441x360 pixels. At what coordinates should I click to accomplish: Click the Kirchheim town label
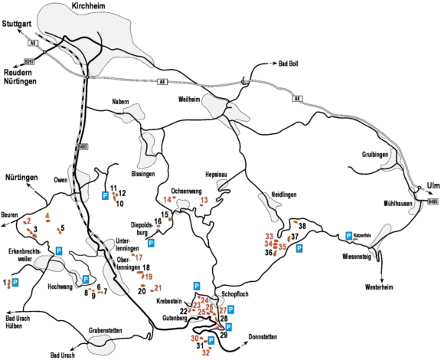click(x=89, y=6)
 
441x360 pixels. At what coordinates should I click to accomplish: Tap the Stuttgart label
click(x=17, y=25)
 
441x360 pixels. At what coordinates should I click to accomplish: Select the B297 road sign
click(x=29, y=61)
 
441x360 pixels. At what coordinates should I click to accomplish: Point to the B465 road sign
click(x=83, y=146)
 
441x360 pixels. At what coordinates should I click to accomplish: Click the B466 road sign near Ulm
click(x=433, y=201)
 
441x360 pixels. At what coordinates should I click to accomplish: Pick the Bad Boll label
click(x=289, y=64)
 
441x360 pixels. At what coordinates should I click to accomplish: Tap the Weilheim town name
click(x=189, y=100)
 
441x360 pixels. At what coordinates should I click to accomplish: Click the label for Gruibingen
click(x=375, y=155)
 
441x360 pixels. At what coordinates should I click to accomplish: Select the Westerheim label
click(x=379, y=287)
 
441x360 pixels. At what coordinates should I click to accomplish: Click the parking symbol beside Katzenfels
click(x=349, y=236)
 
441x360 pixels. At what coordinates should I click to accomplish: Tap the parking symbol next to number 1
click(x=15, y=283)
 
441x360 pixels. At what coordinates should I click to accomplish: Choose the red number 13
click(x=204, y=200)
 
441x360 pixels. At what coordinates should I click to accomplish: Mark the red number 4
click(x=47, y=216)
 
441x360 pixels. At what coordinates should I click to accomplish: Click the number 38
click(x=302, y=226)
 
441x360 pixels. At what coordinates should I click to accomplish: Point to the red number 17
click(x=139, y=257)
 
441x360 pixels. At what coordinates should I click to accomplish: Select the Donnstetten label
click(x=263, y=337)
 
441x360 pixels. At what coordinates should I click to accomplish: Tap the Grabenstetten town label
click(x=106, y=330)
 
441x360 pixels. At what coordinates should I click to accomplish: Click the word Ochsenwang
click(x=186, y=191)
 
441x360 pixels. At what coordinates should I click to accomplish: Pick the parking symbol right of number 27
click(x=230, y=310)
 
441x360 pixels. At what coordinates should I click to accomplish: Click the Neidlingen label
click(x=284, y=195)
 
